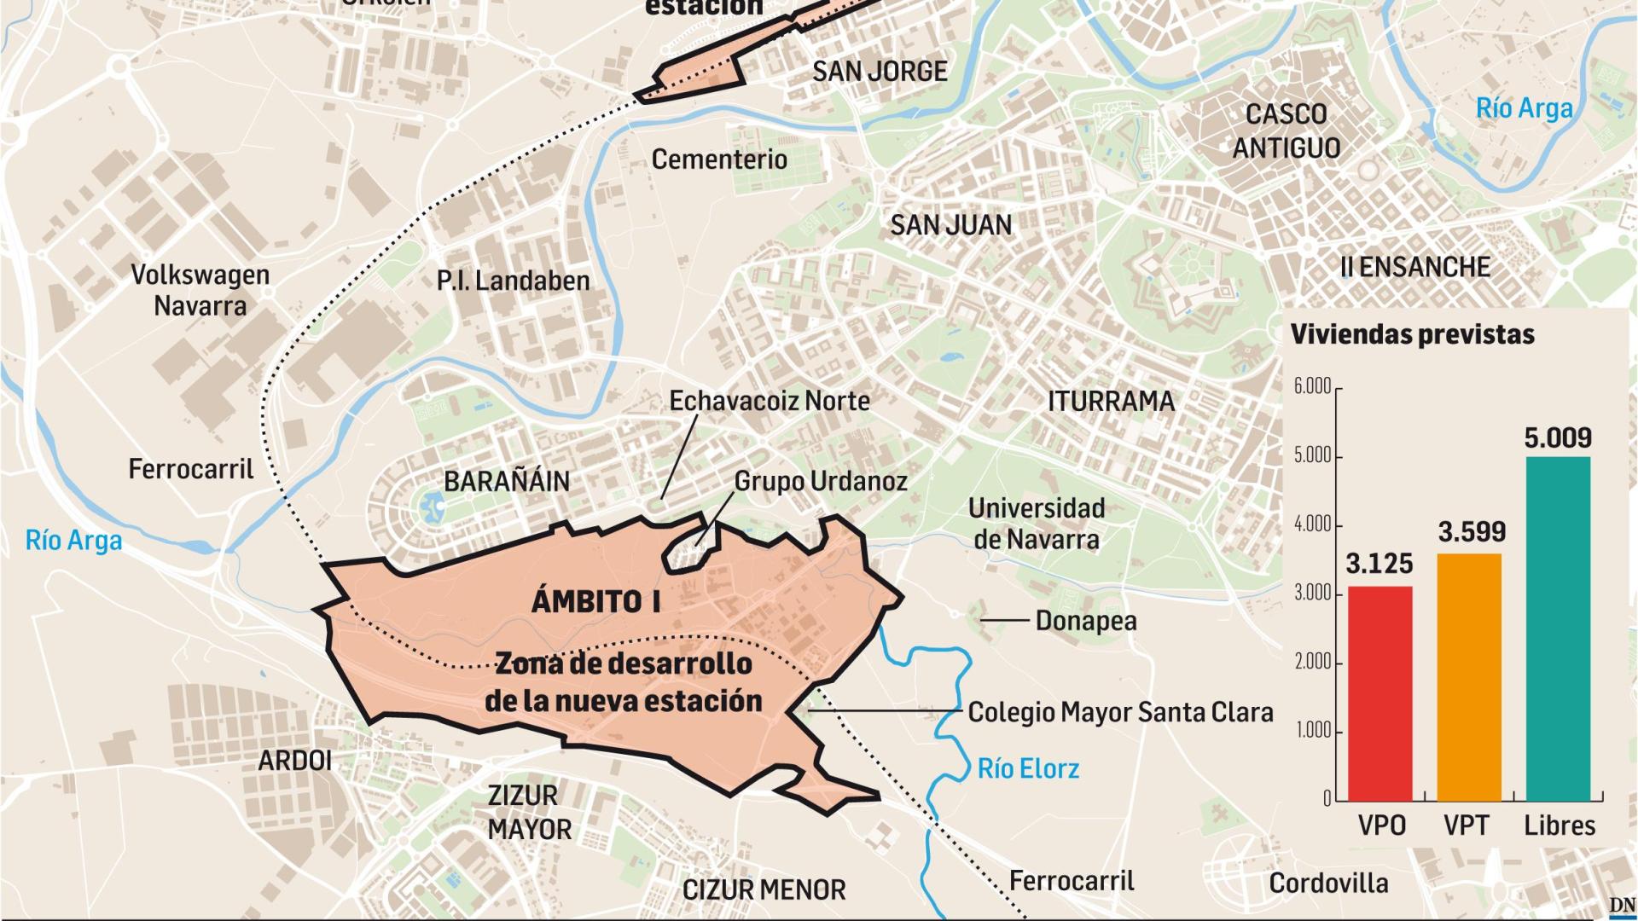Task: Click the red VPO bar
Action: (x=1380, y=692)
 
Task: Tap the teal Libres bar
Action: (x=1558, y=628)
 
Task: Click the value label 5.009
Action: (x=1558, y=437)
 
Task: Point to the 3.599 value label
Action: (x=1472, y=532)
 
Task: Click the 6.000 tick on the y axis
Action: (x=1312, y=386)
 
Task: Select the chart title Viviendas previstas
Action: (x=1412, y=334)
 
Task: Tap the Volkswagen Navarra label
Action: (x=200, y=290)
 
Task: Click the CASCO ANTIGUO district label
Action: (x=1287, y=130)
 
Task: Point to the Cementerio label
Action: (x=719, y=159)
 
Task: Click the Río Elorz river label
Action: (x=1028, y=768)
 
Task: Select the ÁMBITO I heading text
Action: (x=595, y=601)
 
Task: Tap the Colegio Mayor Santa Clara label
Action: (x=1120, y=712)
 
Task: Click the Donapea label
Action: (x=1085, y=621)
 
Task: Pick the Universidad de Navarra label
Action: (x=1037, y=523)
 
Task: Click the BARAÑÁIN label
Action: (x=507, y=481)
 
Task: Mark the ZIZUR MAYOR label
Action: (x=529, y=812)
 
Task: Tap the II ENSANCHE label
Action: (x=1414, y=267)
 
